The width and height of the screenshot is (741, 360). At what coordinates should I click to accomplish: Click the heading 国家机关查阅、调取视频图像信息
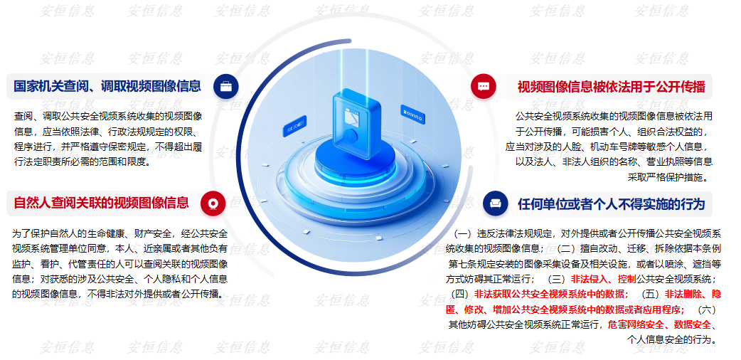[x=107, y=86]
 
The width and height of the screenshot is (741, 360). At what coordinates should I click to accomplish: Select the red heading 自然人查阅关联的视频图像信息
[x=101, y=203]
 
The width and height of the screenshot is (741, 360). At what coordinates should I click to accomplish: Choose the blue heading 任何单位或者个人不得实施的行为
[x=612, y=204]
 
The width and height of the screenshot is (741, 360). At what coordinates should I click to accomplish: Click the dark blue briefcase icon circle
[x=226, y=86]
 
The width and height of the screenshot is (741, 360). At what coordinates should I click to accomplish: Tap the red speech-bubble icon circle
[x=484, y=87]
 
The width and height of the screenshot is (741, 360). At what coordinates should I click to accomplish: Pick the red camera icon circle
[x=213, y=203]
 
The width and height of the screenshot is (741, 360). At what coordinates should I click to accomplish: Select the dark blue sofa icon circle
[x=495, y=203]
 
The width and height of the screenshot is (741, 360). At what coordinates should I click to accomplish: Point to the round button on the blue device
[x=350, y=135]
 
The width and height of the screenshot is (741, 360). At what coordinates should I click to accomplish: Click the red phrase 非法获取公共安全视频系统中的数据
[x=549, y=294]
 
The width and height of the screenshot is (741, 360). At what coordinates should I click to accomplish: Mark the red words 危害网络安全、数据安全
[x=659, y=324]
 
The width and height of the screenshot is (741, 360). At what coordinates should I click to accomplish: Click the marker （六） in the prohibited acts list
[x=707, y=310]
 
